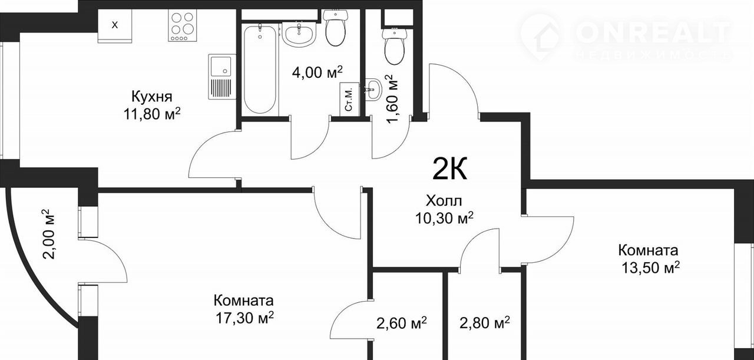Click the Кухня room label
152,97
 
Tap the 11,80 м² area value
152,114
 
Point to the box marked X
115,25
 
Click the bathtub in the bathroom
260,69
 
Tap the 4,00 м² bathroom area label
317,72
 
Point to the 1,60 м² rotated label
392,100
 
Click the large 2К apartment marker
450,169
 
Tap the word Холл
444,201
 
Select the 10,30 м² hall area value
444,218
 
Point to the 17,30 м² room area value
244,318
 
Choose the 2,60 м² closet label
402,323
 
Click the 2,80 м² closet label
485,323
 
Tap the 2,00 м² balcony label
48,234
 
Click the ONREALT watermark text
653,32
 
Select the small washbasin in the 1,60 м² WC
373,89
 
